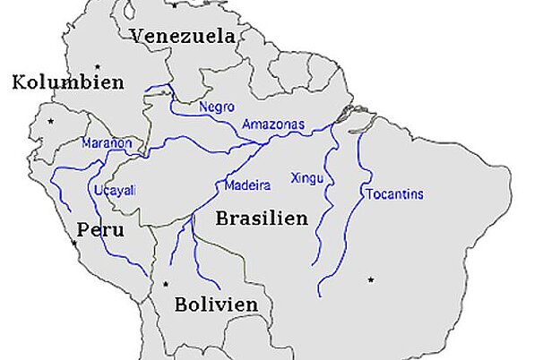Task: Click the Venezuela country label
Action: click(183, 37)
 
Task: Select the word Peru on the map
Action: click(99, 229)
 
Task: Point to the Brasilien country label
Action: click(262, 218)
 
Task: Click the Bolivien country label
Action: click(216, 304)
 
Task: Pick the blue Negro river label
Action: click(217, 107)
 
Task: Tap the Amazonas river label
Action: click(273, 125)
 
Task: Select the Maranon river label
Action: click(107, 143)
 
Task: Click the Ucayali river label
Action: click(112, 191)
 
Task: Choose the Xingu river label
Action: click(306, 178)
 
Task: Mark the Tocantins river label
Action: click(394, 194)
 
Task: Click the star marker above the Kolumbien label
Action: click(96, 65)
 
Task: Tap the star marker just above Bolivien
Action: click(166, 285)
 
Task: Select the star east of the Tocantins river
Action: click(369, 280)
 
